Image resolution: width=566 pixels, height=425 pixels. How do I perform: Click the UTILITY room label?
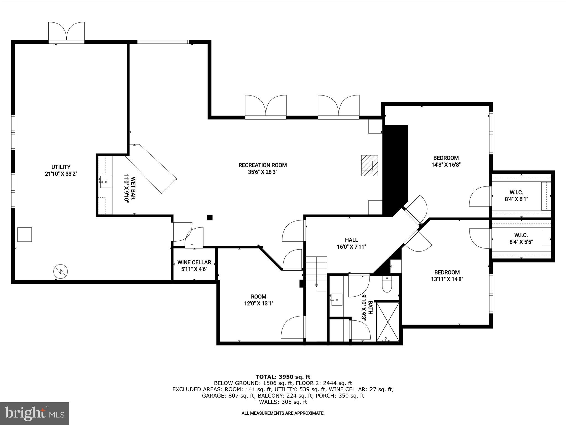[61, 167]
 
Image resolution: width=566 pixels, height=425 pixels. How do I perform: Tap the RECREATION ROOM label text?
[263, 165]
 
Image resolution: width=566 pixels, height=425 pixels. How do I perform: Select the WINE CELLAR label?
[194, 262]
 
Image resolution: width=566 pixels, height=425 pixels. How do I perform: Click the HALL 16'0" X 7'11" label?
[351, 243]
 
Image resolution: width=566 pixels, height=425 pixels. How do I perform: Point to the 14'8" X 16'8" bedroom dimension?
[446, 165]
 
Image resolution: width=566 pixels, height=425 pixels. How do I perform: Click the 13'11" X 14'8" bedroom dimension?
[447, 279]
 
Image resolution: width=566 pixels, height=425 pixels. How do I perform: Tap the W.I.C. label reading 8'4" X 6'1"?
[516, 195]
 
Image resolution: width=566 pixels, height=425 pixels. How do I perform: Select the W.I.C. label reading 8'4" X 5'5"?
[521, 238]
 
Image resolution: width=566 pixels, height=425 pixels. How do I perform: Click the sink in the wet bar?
[106, 182]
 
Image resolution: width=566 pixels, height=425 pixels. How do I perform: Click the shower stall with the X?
[388, 322]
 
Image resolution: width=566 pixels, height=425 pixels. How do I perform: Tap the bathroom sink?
[336, 300]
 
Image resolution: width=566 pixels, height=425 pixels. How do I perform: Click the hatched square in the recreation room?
[370, 165]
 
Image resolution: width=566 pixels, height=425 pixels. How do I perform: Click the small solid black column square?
[210, 217]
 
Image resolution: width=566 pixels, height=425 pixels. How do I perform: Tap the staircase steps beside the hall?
[316, 271]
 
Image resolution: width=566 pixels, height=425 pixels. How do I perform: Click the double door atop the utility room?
[66, 32]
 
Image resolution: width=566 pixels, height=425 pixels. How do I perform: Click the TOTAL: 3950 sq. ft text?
[283, 377]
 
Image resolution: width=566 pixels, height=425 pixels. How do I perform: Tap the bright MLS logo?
[35, 413]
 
